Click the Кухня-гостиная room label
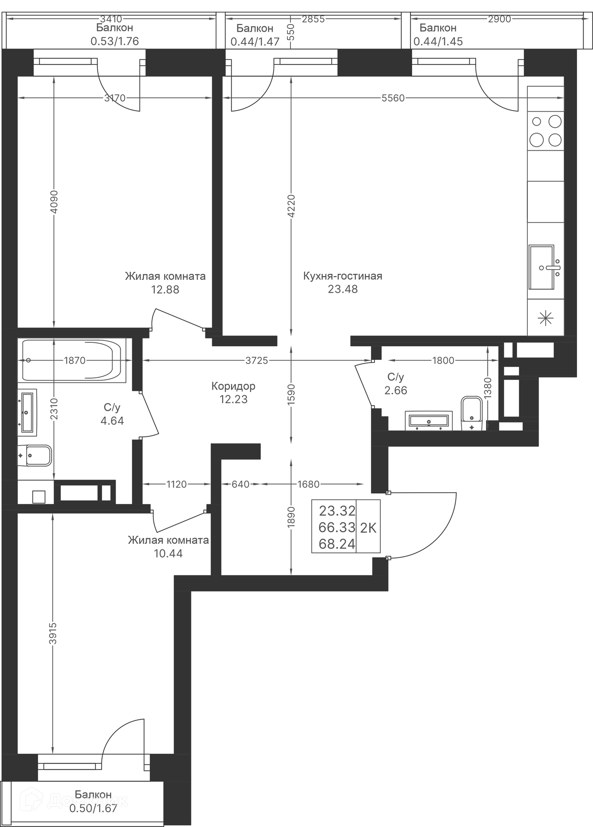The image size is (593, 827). click(x=343, y=276)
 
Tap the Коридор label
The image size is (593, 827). click(x=233, y=386)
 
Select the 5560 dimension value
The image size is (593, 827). click(x=393, y=98)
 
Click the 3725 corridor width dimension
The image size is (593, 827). click(x=256, y=360)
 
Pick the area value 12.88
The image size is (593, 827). click(x=165, y=289)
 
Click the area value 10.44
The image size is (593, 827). click(x=168, y=553)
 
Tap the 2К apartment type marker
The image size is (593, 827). click(x=368, y=528)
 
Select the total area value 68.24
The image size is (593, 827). click(x=337, y=544)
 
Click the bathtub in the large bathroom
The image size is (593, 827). click(x=74, y=360)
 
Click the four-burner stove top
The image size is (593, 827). click(x=546, y=130)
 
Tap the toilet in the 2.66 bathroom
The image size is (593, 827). click(x=472, y=413)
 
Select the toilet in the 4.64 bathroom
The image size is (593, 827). click(x=35, y=455)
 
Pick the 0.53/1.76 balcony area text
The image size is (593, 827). click(x=115, y=41)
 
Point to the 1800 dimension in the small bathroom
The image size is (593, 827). click(x=443, y=360)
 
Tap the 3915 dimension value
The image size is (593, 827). click(x=53, y=633)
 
